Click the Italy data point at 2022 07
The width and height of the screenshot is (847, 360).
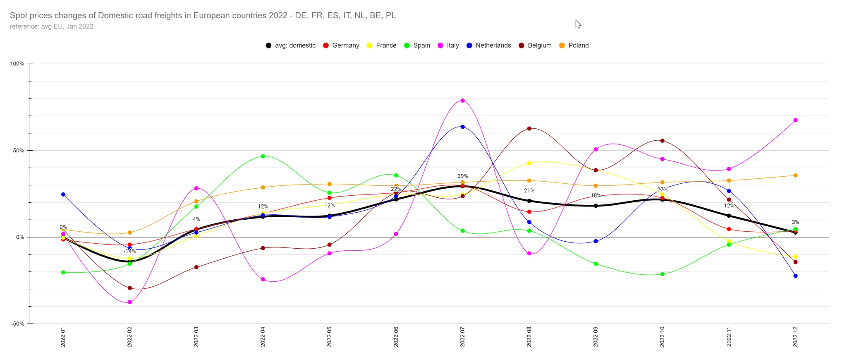tap(462, 101)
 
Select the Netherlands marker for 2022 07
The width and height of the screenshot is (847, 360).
tap(462, 127)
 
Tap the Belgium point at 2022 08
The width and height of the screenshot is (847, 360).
tap(529, 129)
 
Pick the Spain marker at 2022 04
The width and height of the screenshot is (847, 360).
tap(263, 156)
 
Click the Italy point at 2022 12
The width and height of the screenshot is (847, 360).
tap(795, 120)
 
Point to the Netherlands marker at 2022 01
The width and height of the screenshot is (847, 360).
tap(63, 194)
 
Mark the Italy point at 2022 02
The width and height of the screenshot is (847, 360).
tap(130, 302)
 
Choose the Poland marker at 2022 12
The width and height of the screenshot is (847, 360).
tap(795, 175)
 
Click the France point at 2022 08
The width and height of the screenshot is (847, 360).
tap(529, 163)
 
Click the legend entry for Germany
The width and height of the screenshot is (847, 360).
tap(341, 46)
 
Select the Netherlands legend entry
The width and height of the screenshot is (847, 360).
tap(488, 46)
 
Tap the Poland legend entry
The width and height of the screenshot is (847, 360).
tap(574, 46)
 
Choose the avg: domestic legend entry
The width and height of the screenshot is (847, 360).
tap(290, 46)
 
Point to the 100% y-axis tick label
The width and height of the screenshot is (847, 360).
tap(17, 64)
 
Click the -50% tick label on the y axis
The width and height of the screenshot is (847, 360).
tap(17, 324)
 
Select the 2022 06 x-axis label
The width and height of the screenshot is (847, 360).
tap(396, 336)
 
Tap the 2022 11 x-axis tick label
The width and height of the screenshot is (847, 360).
tap(729, 336)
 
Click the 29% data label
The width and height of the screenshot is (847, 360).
tap(462, 176)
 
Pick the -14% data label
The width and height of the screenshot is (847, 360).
tap(129, 251)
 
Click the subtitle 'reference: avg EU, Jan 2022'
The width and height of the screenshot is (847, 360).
tap(52, 26)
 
